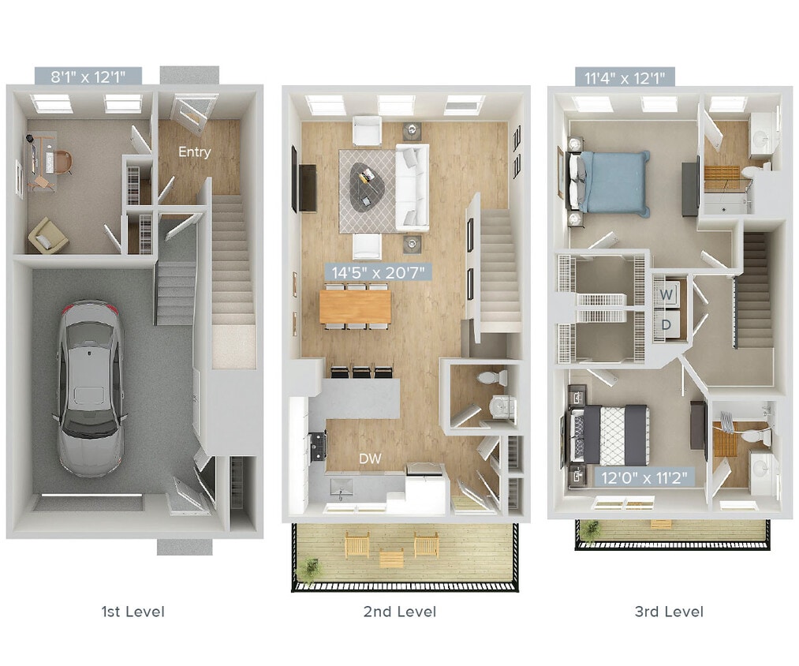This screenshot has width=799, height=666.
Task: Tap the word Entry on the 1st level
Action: click(x=194, y=152)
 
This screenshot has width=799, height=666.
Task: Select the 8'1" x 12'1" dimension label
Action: click(x=88, y=77)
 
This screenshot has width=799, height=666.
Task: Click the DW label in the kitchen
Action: click(x=370, y=458)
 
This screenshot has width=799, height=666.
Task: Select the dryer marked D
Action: click(x=666, y=324)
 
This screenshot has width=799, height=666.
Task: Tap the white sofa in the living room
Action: click(x=411, y=186)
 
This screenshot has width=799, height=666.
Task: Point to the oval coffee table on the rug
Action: click(x=368, y=185)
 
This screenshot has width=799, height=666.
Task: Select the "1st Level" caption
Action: click(x=133, y=611)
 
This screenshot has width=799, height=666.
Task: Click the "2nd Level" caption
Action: click(x=400, y=611)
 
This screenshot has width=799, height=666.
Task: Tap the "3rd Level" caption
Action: click(x=668, y=611)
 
